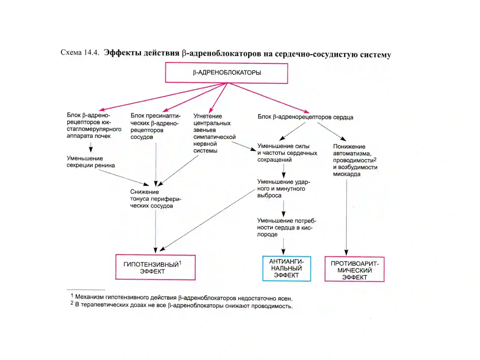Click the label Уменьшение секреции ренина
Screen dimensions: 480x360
pos(91,162)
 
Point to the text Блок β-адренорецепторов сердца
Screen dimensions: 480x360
pos(305,117)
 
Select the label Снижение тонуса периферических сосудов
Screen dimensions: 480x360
pos(155,199)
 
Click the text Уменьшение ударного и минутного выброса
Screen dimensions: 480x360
pos(283,188)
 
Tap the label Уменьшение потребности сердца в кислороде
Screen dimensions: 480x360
pos(286,227)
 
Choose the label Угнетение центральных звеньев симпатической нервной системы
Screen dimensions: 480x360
pos(214,133)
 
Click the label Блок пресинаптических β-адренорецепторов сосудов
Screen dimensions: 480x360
pos(155,126)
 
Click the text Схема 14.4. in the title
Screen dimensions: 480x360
pos(80,52)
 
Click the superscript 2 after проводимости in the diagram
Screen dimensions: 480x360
pos(375,159)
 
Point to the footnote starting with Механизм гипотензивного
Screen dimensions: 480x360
pos(181,298)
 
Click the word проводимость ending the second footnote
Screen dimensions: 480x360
pos(272,306)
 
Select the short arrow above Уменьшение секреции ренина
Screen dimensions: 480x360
pos(91,147)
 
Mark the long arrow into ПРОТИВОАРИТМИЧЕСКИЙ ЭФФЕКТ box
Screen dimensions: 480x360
pos(346,217)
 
